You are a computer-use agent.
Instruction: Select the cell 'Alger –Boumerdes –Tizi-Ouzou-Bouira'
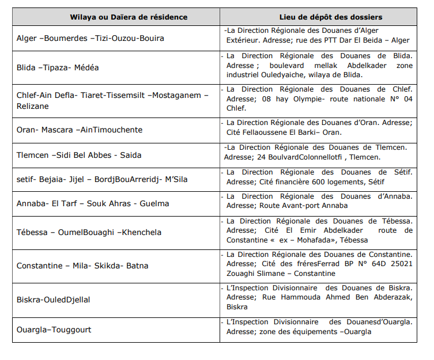pyautogui.click(x=90, y=38)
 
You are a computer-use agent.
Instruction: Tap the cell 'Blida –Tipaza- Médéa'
pyautogui.click(x=58, y=67)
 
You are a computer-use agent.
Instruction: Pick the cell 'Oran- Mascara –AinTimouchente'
pyautogui.click(x=80, y=130)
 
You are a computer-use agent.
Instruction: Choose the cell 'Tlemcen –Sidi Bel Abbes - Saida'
pyautogui.click(x=79, y=155)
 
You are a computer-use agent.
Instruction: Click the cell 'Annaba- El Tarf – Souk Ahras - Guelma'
pyautogui.click(x=93, y=203)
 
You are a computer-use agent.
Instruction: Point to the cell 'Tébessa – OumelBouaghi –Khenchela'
pyautogui.click(x=89, y=233)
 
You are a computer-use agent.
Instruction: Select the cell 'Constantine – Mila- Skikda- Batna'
pyautogui.click(x=82, y=266)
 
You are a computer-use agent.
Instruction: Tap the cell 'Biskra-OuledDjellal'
pyautogui.click(x=53, y=300)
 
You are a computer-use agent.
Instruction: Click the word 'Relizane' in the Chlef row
pyautogui.click(x=33, y=106)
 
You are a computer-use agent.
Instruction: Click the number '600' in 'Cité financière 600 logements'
pyautogui.click(x=311, y=181)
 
